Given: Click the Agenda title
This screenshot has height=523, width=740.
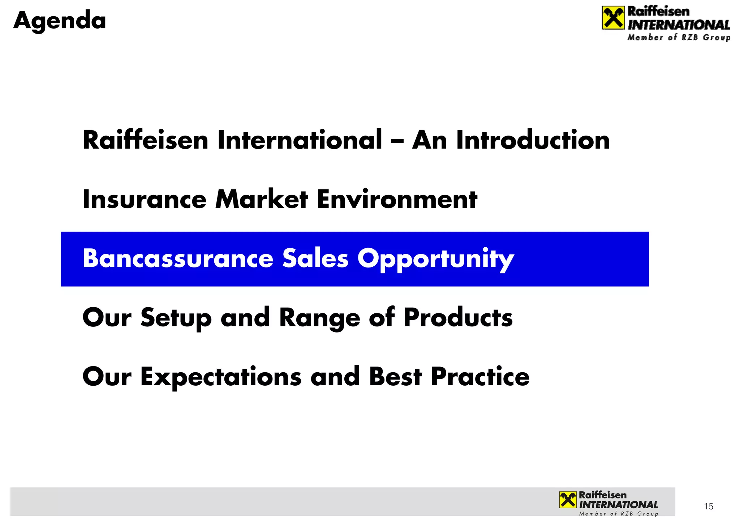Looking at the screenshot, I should coord(60,21).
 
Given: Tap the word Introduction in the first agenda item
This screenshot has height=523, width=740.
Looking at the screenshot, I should coord(533,140).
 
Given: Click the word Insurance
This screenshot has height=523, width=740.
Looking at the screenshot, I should coord(144,200).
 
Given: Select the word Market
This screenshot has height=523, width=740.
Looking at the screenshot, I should coord(262,200).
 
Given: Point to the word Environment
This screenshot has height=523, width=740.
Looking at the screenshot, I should coord(397,200).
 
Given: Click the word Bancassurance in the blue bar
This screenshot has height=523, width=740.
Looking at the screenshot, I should coord(178,259).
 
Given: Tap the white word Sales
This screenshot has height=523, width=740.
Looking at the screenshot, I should coord(315,259).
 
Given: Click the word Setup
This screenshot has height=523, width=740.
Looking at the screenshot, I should coord(176,318).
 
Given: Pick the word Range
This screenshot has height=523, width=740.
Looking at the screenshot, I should coord(319,318).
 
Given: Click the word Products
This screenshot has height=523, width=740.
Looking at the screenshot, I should coord(458,318).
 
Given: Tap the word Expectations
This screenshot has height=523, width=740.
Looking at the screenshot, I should coord(220,377).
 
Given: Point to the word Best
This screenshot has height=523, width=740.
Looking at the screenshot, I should coord(395,377).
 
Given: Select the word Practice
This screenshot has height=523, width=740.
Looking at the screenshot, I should coord(480,377).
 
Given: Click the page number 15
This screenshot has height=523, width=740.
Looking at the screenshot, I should coord(709,506).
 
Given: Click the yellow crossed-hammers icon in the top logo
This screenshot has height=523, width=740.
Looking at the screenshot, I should coord(613,18).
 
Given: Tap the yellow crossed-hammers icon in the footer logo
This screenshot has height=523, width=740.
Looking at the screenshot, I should coord(568,500).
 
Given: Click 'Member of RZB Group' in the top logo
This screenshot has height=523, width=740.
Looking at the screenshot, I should coord(679,38).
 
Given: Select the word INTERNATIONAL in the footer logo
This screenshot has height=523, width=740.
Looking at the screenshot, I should coord(618,505).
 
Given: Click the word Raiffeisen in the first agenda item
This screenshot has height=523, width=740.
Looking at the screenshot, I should coord(145,140).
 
